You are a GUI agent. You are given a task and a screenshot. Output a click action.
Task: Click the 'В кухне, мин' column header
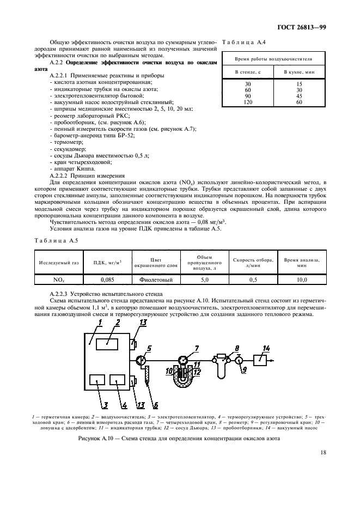tap(300, 72)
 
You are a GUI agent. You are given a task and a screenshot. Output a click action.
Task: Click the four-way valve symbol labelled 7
tap(182, 360)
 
